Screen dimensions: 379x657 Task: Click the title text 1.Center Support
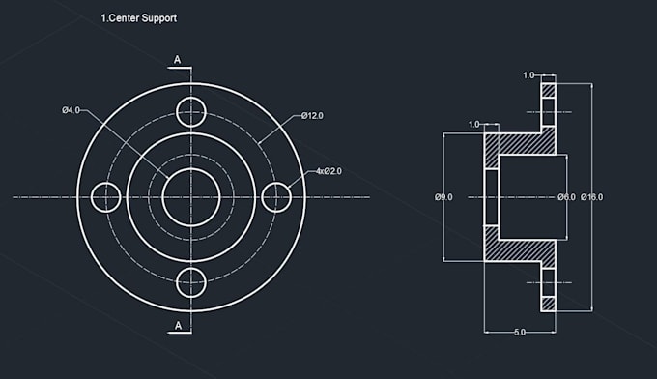click(139, 18)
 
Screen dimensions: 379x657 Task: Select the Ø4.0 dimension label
click(71, 111)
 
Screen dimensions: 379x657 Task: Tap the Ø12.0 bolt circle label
click(311, 116)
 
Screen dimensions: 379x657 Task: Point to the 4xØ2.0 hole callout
click(328, 171)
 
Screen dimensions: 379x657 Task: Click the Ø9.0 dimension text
click(443, 197)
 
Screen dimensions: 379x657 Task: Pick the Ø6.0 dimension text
click(566, 197)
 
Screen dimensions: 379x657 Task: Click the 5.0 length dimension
click(520, 333)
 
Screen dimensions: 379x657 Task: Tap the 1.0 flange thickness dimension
click(528, 74)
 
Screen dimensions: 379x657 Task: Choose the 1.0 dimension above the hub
click(473, 125)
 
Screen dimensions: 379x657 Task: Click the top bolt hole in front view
click(191, 109)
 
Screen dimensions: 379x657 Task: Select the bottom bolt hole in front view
click(191, 283)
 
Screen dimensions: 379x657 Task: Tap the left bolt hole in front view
click(104, 196)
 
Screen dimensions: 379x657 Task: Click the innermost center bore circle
click(191, 196)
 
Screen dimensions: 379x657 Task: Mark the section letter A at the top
click(178, 60)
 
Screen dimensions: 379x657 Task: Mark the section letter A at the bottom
click(178, 327)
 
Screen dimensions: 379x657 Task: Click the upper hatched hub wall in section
click(522, 143)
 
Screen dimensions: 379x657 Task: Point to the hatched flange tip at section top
click(548, 92)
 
